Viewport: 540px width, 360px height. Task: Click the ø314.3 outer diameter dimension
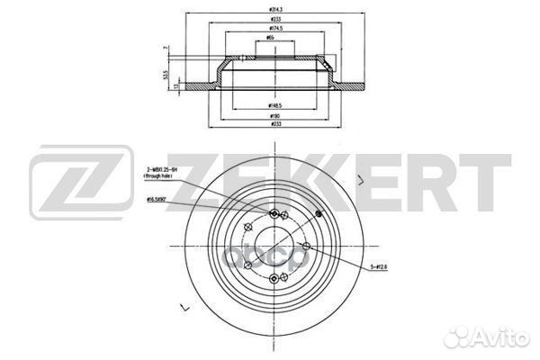[x=270, y=8]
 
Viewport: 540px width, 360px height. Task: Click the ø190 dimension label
[x=270, y=116]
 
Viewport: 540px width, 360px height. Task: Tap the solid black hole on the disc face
[x=318, y=214]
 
